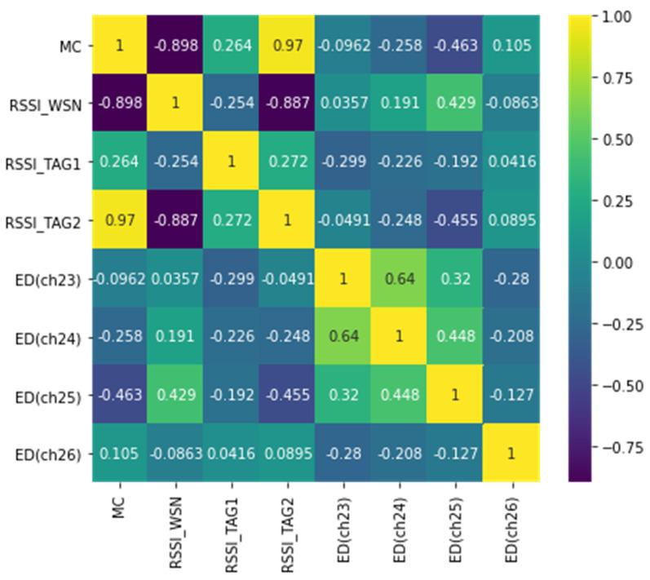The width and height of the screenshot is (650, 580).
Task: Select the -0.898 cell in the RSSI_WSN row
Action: pos(118,104)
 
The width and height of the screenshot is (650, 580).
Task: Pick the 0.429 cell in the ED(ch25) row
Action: pos(178,396)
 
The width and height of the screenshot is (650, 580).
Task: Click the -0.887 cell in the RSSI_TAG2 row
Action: pos(178,220)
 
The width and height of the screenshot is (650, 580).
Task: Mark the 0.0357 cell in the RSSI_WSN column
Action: pos(178,279)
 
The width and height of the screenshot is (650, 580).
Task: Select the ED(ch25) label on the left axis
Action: pos(55,396)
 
